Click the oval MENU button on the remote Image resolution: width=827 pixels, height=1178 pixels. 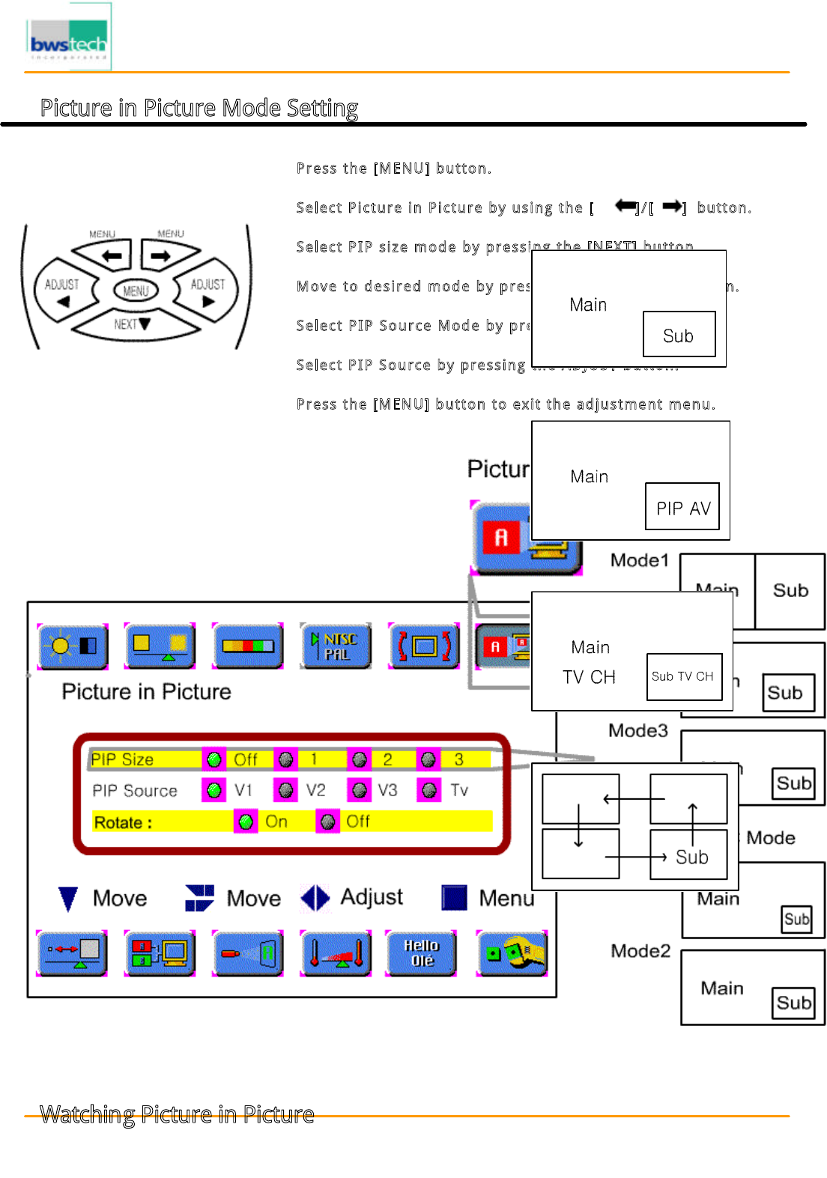(x=136, y=290)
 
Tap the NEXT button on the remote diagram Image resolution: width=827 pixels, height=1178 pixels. (x=133, y=324)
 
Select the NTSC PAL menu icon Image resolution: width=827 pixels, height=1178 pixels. (x=336, y=646)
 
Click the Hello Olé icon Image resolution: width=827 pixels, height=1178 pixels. (x=421, y=953)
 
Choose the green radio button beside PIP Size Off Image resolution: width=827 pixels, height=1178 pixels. (x=214, y=760)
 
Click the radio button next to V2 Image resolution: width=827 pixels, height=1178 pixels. (x=285, y=791)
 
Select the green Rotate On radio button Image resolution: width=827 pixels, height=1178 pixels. (x=246, y=822)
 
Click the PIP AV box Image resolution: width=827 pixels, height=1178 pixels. (x=682, y=507)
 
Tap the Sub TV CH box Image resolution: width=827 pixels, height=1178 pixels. (x=684, y=677)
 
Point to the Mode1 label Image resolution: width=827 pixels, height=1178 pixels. (x=639, y=560)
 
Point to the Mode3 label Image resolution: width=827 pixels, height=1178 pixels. (x=637, y=730)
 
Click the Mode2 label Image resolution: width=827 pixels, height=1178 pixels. (x=640, y=951)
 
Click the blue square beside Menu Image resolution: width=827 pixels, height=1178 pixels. (x=455, y=897)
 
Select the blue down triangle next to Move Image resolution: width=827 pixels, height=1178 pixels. (x=68, y=899)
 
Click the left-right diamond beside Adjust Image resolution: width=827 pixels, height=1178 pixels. (x=315, y=898)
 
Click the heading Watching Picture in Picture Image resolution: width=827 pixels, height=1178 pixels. (x=177, y=1114)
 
